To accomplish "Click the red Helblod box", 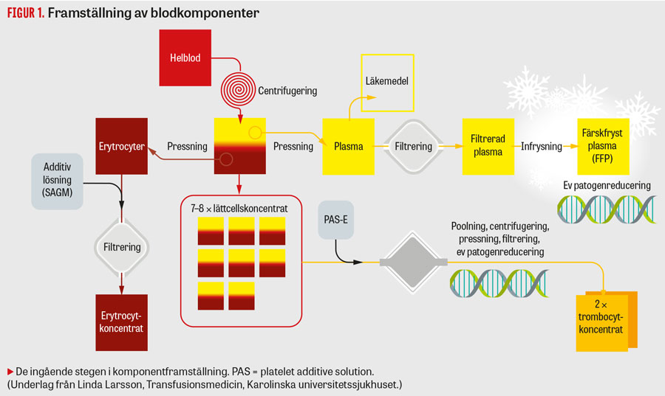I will pos(185,57).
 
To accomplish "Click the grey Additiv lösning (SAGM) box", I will pos(57,181).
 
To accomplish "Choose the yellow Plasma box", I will pos(348,146).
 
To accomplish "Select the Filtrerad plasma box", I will pos(487,146).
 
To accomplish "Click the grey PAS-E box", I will pos(335,218).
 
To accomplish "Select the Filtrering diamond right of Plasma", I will pos(413,146).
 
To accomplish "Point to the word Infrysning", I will pos(542,147).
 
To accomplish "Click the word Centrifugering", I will pos(287,91).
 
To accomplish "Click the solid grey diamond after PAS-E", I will pos(413,263).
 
